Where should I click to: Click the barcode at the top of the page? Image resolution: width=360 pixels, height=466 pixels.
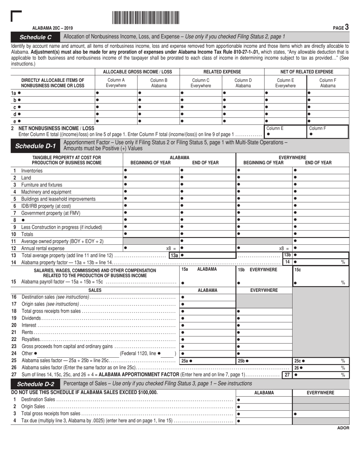pos(146,18)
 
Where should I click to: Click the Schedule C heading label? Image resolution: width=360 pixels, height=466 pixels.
pos(35,37)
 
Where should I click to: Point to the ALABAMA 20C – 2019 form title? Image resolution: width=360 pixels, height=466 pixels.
pos(53,28)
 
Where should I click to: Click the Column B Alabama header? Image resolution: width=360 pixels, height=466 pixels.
pos(159,83)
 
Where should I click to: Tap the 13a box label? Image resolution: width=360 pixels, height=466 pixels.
pos(174,255)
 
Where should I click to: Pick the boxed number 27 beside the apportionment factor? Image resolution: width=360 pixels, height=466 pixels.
pos(287,375)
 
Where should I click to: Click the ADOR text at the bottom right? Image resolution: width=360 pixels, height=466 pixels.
pos(343,428)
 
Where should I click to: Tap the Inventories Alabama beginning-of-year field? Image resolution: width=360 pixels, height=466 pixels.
pos(151,170)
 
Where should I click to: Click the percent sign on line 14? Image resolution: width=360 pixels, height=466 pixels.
pos(343,262)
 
